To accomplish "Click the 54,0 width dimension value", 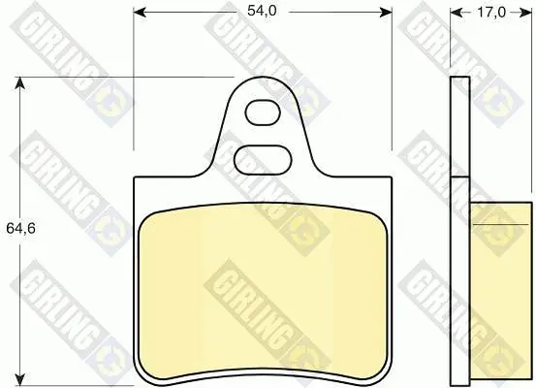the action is coord(262,11).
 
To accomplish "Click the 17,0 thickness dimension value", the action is coord(490,13).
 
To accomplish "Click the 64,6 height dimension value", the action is coord(20,228).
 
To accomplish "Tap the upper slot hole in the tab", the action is coord(263,113).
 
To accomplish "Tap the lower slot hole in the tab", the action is coord(263,159).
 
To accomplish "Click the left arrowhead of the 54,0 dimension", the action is coord(140,13).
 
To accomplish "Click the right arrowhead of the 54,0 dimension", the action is coord(386,13).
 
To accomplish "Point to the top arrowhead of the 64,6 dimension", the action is coord(20,83).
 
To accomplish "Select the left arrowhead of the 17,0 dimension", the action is coord(457,13).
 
